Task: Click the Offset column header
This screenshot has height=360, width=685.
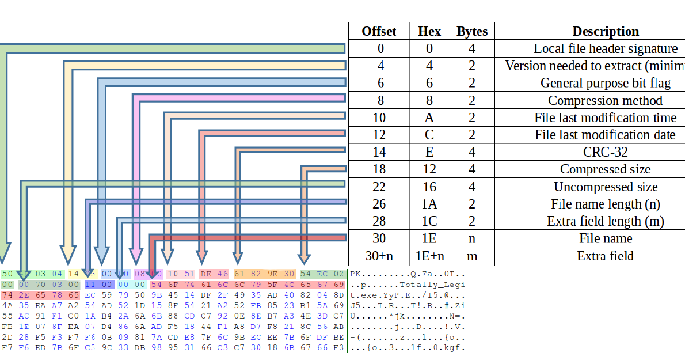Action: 379,31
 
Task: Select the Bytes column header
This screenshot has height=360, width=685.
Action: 472,31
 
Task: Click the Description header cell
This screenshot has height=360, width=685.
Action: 606,31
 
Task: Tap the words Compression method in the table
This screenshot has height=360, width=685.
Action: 605,100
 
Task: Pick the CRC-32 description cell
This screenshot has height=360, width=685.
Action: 605,152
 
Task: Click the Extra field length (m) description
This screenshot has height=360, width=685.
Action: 605,221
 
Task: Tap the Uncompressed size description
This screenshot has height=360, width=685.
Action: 605,187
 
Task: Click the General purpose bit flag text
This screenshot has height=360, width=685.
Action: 605,83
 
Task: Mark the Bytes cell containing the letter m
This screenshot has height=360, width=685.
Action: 472,256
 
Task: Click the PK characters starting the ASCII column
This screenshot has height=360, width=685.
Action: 355,274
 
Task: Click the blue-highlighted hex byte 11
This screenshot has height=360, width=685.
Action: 90,284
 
